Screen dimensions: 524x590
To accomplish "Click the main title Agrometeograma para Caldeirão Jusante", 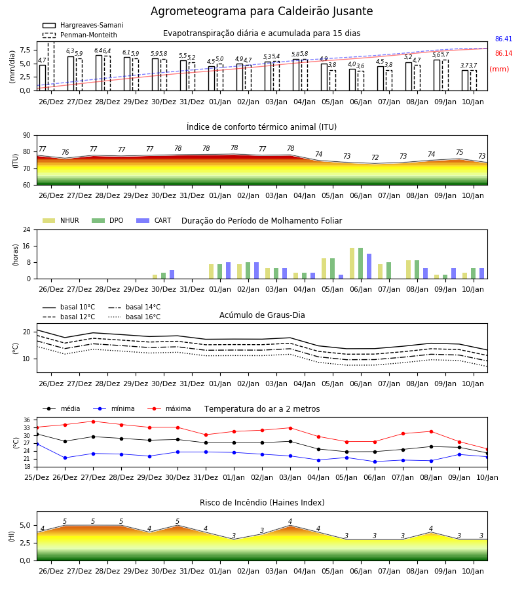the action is click(x=261, y=11).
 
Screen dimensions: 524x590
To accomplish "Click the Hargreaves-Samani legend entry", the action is click(x=83, y=25).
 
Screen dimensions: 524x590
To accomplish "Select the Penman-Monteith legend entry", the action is click(x=80, y=35).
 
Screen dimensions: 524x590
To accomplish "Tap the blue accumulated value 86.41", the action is click(x=504, y=39).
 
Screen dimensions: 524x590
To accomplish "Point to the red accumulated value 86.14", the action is click(x=504, y=54).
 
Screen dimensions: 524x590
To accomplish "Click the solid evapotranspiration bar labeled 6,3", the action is click(x=71, y=73).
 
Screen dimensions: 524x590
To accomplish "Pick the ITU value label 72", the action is click(x=375, y=157).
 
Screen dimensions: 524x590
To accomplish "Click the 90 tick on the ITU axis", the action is click(x=27, y=136).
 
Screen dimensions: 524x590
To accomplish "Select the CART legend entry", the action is click(x=154, y=220).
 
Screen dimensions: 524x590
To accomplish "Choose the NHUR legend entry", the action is click(x=61, y=220).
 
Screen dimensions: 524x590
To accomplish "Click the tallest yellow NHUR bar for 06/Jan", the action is click(x=352, y=264).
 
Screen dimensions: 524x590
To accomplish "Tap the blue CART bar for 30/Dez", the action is click(x=172, y=274).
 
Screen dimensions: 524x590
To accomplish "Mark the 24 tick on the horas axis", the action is click(x=27, y=229).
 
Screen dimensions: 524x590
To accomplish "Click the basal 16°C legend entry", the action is click(x=134, y=317).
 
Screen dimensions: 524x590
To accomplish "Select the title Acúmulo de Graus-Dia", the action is click(x=262, y=315).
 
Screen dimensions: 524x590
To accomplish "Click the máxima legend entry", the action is click(x=169, y=408).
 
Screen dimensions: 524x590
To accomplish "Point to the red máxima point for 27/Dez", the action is click(x=93, y=422).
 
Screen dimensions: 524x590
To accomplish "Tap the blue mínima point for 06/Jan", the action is click(x=375, y=462).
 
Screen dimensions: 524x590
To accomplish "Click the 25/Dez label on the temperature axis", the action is click(x=37, y=477).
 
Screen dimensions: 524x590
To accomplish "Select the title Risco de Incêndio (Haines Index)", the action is click(x=262, y=503).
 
